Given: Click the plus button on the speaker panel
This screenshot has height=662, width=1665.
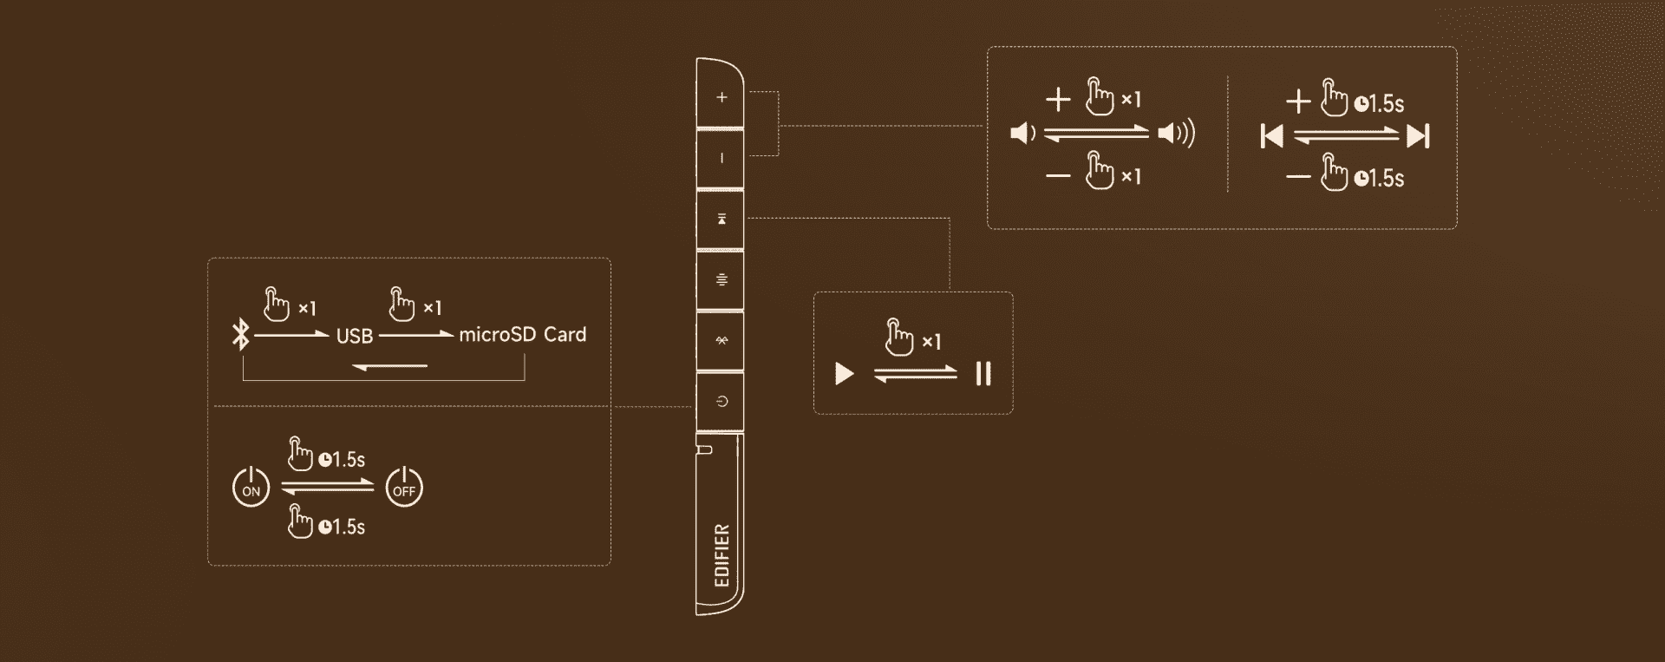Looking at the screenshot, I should tap(721, 97).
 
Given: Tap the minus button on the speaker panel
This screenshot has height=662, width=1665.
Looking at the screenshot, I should tap(721, 159).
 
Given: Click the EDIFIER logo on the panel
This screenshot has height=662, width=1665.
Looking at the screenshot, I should tap(721, 555).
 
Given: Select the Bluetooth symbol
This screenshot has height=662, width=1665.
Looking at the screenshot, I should tap(241, 335).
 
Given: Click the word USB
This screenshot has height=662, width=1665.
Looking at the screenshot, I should tap(355, 337).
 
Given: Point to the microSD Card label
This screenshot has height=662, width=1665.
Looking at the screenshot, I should tap(522, 335).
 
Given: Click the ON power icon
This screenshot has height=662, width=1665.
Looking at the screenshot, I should tap(251, 487).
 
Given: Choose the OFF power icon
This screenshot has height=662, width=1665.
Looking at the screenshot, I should tap(404, 487).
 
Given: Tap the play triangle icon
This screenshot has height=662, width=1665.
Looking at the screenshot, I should tap(844, 374).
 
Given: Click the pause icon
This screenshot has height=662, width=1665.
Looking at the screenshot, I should tap(983, 374).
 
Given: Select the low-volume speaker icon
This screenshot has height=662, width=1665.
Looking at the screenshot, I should tap(1023, 134).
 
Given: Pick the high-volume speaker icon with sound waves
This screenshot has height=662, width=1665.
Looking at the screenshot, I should tap(1177, 133).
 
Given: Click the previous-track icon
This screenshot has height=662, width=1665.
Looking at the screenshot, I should tap(1271, 136).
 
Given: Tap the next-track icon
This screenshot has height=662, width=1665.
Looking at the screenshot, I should tap(1419, 136).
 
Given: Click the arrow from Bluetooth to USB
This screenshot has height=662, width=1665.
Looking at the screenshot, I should tap(291, 334).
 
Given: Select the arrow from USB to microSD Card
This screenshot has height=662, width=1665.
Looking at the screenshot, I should tap(416, 334).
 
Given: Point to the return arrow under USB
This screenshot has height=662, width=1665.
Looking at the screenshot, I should tap(389, 366).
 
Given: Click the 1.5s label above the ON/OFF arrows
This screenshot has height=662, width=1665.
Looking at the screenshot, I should tap(342, 460).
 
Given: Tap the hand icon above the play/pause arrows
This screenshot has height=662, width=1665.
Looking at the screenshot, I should tap(899, 338).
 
